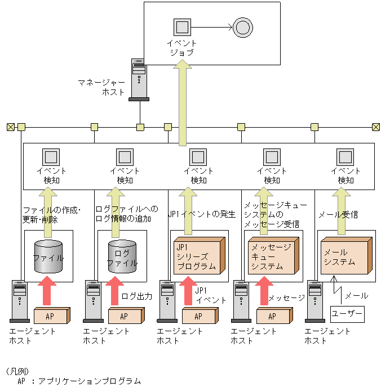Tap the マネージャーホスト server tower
coord(139,79)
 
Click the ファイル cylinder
coord(48,257)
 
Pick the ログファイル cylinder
coord(122,257)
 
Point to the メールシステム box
coord(345,256)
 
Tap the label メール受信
coord(338,214)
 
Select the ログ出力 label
coord(137,296)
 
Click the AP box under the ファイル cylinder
coord(51,316)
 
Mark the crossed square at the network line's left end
coord(10,127)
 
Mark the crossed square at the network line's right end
coord(376,127)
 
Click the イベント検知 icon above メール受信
coord(345,156)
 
